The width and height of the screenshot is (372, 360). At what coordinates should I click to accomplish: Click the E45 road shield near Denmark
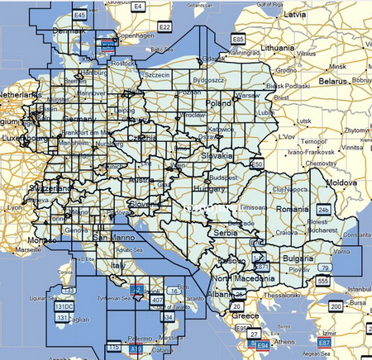pos(79,16)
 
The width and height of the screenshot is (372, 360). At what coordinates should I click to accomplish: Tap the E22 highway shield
pos(165,26)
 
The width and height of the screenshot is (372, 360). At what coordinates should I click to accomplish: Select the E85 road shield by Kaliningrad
pos(238,38)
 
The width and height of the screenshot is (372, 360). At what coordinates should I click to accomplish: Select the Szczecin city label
pos(155,75)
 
